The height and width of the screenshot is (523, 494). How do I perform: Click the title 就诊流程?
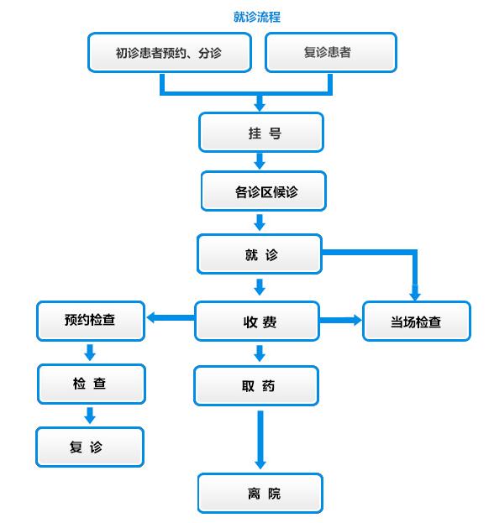(x=257, y=17)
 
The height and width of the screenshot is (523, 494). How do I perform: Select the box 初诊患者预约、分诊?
(x=170, y=52)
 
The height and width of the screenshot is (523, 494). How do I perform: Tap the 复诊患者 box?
(x=331, y=52)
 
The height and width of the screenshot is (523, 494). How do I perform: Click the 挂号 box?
(x=261, y=133)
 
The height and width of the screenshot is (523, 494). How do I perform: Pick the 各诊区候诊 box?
(x=264, y=191)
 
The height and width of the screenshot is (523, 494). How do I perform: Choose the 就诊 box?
(x=260, y=254)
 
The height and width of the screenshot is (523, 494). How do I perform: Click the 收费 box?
(x=257, y=322)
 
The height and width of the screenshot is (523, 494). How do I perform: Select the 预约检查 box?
(x=91, y=322)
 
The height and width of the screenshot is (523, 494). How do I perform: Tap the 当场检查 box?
(x=417, y=322)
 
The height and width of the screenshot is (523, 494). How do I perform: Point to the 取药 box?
(x=256, y=386)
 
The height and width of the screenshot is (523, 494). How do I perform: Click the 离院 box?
(x=260, y=493)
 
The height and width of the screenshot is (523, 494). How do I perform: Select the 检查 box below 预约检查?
(x=92, y=384)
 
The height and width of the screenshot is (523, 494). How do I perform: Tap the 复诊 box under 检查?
(x=90, y=447)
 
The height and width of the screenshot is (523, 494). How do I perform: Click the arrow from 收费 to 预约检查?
(x=171, y=317)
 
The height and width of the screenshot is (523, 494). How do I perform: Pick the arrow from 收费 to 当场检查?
(x=340, y=320)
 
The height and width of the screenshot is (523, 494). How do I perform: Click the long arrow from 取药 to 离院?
(x=260, y=440)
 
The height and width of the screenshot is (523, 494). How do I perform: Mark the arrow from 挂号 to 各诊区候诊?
(x=260, y=161)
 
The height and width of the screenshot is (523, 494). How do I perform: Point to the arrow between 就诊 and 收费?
(x=260, y=287)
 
